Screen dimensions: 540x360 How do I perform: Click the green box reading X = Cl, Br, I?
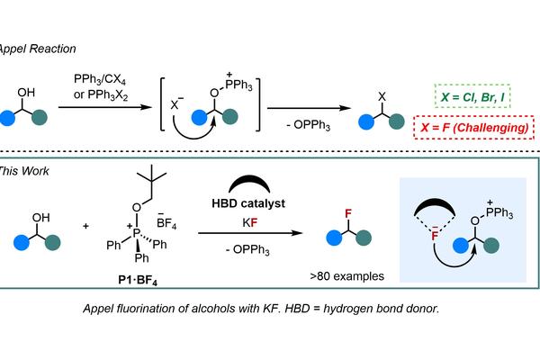click(x=472, y=96)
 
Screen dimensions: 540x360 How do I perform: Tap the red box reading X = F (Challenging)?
click(x=474, y=128)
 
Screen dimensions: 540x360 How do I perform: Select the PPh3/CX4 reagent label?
click(x=100, y=79)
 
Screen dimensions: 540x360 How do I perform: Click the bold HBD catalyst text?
click(x=248, y=203)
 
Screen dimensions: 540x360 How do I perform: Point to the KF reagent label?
click(x=249, y=223)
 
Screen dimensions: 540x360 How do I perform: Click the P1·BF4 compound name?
click(x=138, y=280)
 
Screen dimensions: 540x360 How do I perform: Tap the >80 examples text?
click(x=346, y=276)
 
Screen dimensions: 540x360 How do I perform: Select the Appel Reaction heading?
click(x=37, y=49)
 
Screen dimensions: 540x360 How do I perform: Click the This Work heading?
click(x=24, y=171)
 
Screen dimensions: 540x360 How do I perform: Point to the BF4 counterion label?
click(x=166, y=222)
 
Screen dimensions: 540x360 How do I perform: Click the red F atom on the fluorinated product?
click(x=348, y=213)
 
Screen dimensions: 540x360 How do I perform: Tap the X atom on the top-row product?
click(x=382, y=97)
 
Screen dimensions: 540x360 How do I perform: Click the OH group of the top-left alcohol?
click(x=26, y=93)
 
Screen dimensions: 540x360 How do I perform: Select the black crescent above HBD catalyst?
click(x=249, y=184)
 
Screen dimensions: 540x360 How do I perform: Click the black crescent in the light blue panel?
click(x=435, y=207)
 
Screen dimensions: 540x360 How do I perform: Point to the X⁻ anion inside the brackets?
click(x=176, y=103)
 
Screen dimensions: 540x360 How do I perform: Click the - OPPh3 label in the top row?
click(x=308, y=125)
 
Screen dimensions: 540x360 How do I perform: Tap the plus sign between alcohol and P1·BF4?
click(x=85, y=226)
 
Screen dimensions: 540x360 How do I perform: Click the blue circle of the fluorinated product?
click(x=334, y=238)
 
